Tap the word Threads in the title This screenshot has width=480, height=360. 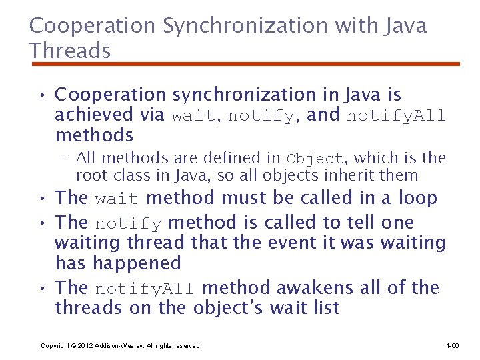pos(70,50)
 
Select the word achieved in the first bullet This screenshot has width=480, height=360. pos(94,115)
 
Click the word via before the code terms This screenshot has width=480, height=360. pos(152,115)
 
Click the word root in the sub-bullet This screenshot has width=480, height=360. pos(89,176)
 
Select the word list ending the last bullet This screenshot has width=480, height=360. pos(325,308)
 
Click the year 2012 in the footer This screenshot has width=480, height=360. pos(85,346)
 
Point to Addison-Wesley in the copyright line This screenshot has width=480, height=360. pos(118,346)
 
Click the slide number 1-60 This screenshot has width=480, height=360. pos(452,346)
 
